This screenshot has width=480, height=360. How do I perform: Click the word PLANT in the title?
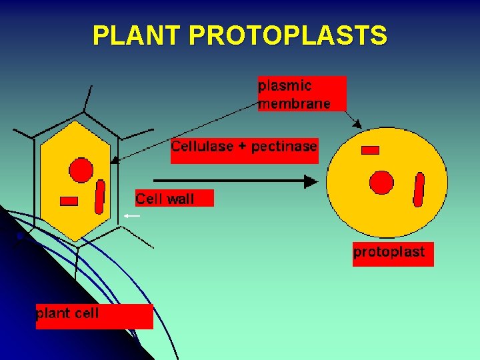(x=137, y=35)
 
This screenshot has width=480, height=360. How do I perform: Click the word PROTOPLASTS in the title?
(x=287, y=35)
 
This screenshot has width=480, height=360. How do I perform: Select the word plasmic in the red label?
(x=285, y=85)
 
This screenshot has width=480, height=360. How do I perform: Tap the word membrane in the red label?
(x=294, y=103)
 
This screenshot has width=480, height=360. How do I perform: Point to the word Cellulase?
(x=203, y=146)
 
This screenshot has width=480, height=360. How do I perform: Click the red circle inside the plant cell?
(x=82, y=169)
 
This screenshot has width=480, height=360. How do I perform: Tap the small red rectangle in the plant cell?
(x=69, y=201)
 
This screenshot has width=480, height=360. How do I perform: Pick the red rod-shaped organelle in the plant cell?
(x=100, y=197)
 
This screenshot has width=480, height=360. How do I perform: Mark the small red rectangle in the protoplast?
(x=370, y=150)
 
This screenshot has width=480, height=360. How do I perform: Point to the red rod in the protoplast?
(x=419, y=189)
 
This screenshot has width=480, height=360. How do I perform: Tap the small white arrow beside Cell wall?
(x=131, y=216)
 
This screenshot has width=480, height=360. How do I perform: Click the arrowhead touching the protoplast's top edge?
(x=358, y=124)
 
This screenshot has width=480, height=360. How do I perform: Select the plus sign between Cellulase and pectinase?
(x=242, y=147)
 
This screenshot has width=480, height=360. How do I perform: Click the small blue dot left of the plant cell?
(x=20, y=236)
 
